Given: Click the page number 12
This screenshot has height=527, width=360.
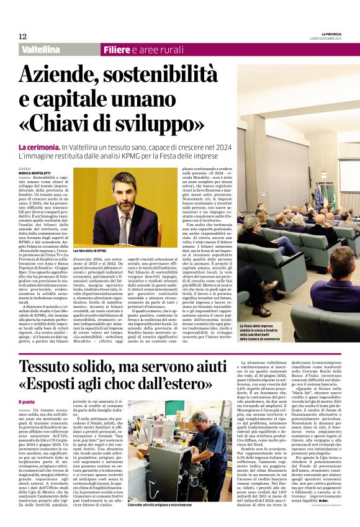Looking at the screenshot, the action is (22, 37).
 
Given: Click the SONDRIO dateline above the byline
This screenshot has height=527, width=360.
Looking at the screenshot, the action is (25, 168).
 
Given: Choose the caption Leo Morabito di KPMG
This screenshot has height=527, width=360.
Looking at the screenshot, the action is (91, 251).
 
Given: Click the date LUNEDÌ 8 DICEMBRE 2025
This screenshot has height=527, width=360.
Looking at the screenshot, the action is (338, 40).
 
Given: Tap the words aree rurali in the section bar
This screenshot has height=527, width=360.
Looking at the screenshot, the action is (161, 49).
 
